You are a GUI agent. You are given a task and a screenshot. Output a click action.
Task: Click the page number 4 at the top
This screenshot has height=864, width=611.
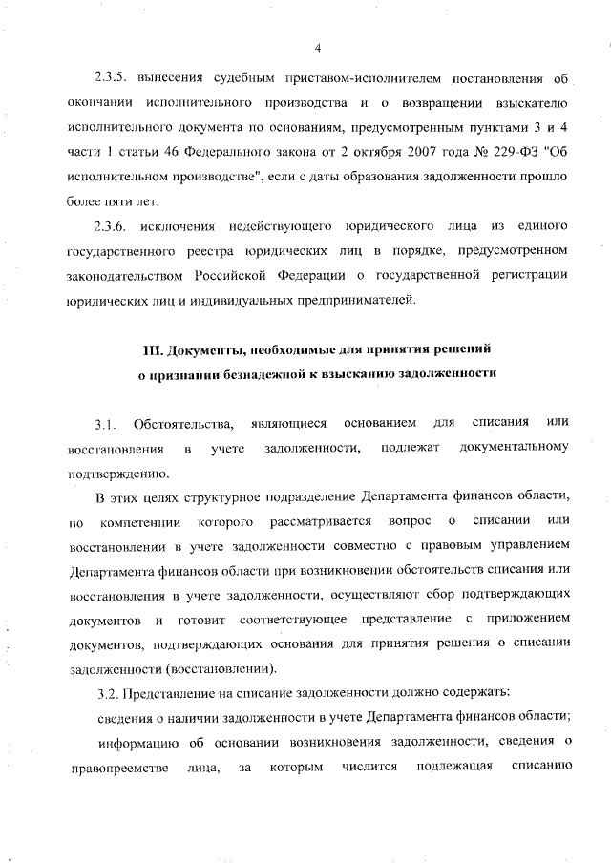[317, 49]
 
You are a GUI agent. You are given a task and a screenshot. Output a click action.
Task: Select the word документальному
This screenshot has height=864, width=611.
[514, 448]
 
